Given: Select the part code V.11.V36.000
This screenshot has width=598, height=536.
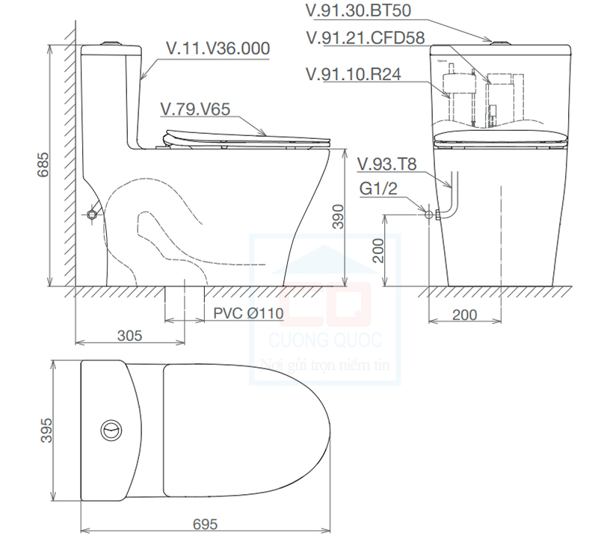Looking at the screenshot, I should tap(218, 49).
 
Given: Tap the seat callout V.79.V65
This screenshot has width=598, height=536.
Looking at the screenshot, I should tap(195, 109).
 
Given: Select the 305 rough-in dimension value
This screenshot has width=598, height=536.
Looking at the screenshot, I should tap(129, 335).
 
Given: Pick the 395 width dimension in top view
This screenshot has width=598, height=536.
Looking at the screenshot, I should tap(44, 431).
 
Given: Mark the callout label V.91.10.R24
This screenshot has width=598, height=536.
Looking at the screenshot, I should tap(353, 75).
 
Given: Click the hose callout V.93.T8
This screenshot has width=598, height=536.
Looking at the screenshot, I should tap(386, 164).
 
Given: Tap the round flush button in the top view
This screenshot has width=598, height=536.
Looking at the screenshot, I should tap(110, 431).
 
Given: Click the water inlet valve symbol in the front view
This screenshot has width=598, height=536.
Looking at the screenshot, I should tap(431, 215).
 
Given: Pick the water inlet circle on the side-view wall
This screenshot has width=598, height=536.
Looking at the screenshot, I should tap(92, 215).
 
